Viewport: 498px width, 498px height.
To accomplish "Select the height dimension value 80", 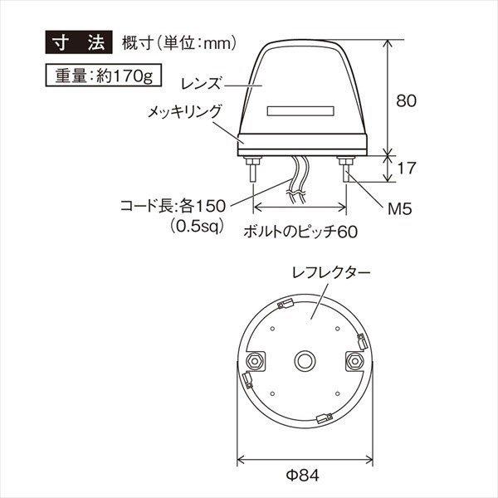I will coord(405,100).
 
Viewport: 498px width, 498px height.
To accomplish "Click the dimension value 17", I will coord(405,168).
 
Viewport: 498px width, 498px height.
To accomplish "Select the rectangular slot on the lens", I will coord(300,110).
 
